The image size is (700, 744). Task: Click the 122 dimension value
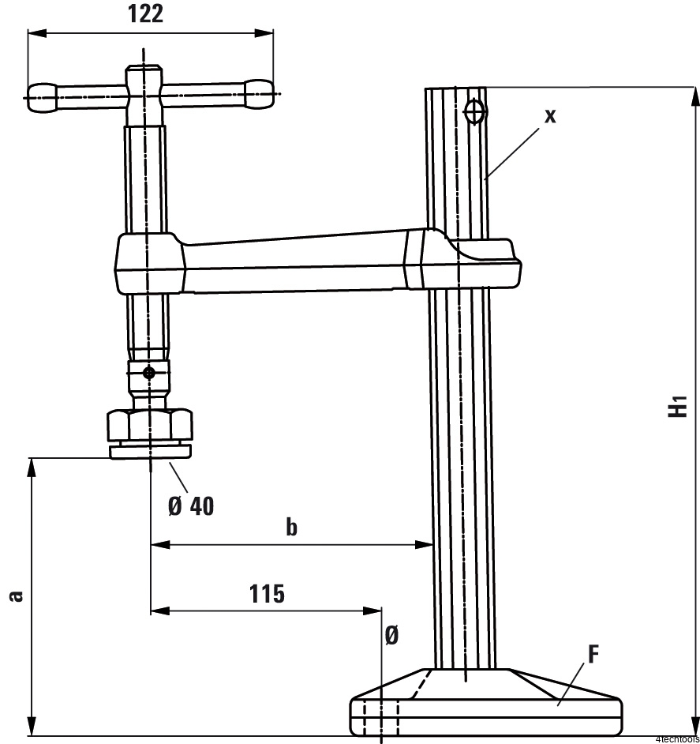point(145,13)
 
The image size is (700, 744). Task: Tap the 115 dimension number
point(267,594)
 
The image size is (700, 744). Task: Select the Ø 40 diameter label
point(191,505)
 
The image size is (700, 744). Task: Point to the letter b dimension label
point(292,527)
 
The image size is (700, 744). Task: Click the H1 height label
point(678,406)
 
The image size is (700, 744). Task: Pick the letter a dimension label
point(17,596)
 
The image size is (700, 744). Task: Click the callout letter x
point(550,116)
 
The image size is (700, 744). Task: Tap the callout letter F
point(593,654)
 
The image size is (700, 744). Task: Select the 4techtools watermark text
point(677,739)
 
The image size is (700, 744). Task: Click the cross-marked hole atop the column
point(475,112)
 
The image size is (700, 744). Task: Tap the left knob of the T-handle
point(43,98)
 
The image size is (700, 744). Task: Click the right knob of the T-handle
point(259,94)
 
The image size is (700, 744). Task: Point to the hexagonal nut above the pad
point(150,425)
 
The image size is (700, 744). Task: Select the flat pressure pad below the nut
point(151,451)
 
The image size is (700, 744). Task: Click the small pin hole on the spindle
point(149,373)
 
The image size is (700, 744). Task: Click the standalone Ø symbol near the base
point(391,635)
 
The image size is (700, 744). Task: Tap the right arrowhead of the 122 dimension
point(264,33)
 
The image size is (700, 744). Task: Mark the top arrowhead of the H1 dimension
point(694,97)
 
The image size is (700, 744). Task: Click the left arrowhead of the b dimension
point(160,545)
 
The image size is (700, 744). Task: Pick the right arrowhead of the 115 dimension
point(372,611)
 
